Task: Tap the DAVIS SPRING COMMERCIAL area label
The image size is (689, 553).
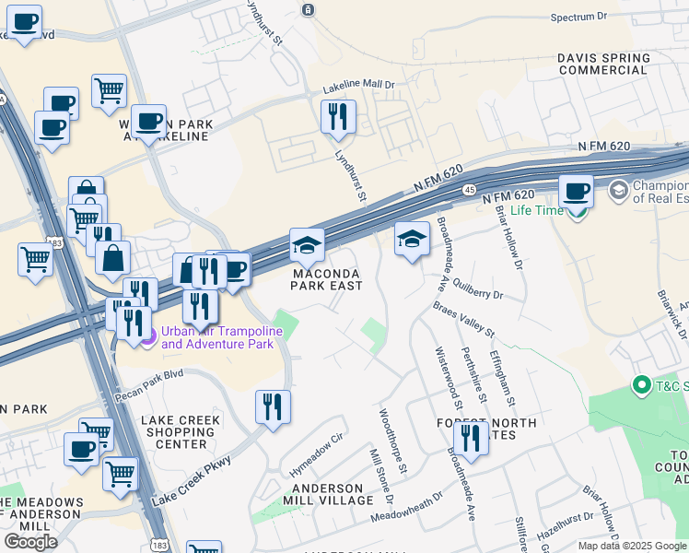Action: pos(603,64)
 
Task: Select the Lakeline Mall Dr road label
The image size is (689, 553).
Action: pos(358,86)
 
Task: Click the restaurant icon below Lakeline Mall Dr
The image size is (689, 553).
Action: pos(338,117)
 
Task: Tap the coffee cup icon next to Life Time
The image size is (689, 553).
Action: pos(576,191)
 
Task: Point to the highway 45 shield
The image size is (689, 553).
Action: pos(469,190)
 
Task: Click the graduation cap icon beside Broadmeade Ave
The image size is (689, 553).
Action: pos(412,239)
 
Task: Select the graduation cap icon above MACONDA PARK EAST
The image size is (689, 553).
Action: pos(307,245)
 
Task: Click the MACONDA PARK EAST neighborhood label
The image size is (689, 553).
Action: pos(327,279)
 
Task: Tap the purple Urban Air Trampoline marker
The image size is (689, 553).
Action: pos(147,337)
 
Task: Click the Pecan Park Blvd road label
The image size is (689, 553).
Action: pos(150,382)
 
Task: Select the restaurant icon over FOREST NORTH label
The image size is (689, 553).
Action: pos(471,438)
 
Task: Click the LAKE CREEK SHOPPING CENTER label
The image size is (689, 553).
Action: pos(181,433)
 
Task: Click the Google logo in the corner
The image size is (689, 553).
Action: pos(30,541)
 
